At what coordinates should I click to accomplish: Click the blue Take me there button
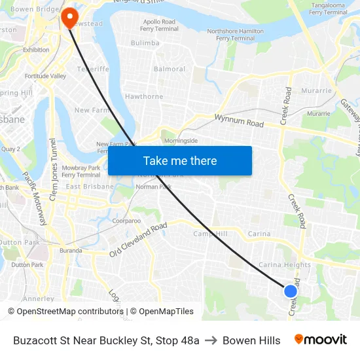coord(180,160)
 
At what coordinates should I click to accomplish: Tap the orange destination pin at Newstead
coord(68,16)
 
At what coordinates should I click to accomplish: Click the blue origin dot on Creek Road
coord(291,291)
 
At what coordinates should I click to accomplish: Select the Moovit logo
coord(320,340)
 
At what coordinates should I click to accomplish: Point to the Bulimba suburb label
coord(145,43)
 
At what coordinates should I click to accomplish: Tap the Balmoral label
coord(169,69)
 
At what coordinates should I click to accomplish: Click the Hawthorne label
coord(144,97)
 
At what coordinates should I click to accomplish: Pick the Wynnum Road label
coord(239,121)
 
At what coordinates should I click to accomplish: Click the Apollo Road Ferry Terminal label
coord(159,26)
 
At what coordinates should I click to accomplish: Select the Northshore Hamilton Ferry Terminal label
coord(235,35)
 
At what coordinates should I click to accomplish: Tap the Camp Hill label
coord(209,234)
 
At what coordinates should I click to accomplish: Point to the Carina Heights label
coord(285,265)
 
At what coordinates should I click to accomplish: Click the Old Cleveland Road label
coord(138,240)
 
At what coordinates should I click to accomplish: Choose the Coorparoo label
coord(126,221)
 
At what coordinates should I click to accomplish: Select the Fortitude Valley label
coord(46,76)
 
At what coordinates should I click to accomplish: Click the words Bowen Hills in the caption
coord(251,340)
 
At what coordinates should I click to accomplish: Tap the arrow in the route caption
coord(211,340)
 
